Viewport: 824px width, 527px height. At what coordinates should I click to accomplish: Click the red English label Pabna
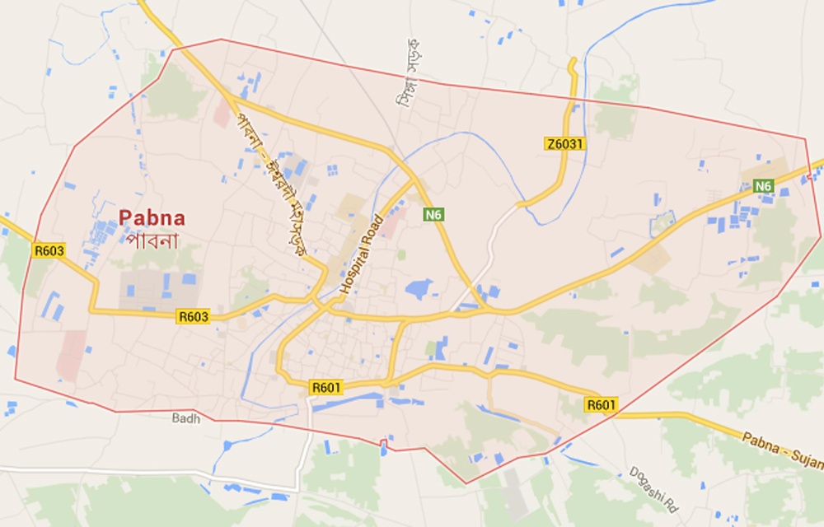152,218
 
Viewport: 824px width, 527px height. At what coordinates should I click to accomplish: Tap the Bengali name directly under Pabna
153,240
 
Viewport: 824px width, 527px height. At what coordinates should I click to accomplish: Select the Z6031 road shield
564,144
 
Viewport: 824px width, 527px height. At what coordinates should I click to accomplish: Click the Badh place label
186,418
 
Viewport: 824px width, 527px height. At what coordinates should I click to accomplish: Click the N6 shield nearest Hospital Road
434,215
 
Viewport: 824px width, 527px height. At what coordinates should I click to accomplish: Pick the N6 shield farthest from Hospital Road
764,187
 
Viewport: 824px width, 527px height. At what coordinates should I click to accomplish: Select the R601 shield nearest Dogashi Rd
601,404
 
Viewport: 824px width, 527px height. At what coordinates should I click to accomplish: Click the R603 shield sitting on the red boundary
49,250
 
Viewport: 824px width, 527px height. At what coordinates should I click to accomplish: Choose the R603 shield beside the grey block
193,315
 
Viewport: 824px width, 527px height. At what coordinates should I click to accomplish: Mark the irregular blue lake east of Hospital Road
419,288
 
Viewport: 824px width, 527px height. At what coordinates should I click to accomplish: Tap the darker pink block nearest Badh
71,355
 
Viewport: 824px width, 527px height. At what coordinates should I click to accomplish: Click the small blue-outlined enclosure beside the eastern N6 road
662,221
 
